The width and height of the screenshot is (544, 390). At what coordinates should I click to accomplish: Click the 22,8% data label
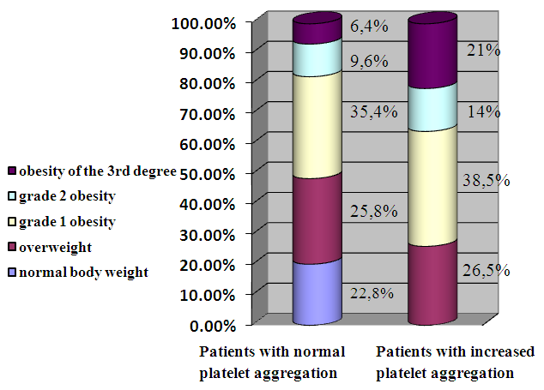coord(372,293)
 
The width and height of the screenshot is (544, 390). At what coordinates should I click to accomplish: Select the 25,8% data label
coord(372,210)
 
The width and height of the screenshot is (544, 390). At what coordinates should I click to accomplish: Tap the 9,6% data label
coord(369,61)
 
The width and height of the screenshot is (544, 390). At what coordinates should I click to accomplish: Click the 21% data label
coord(483,50)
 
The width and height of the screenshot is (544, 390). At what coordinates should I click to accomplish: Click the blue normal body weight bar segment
coord(318,293)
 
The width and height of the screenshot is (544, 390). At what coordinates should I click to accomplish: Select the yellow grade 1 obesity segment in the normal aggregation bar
coord(318,124)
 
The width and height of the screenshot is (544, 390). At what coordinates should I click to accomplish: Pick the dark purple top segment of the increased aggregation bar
coord(432,56)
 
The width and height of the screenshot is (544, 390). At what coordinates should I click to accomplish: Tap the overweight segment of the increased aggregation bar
coord(432,283)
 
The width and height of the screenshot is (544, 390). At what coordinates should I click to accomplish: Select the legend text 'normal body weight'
coord(83,273)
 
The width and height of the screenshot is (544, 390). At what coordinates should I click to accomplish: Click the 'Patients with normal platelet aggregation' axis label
coord(272,363)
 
